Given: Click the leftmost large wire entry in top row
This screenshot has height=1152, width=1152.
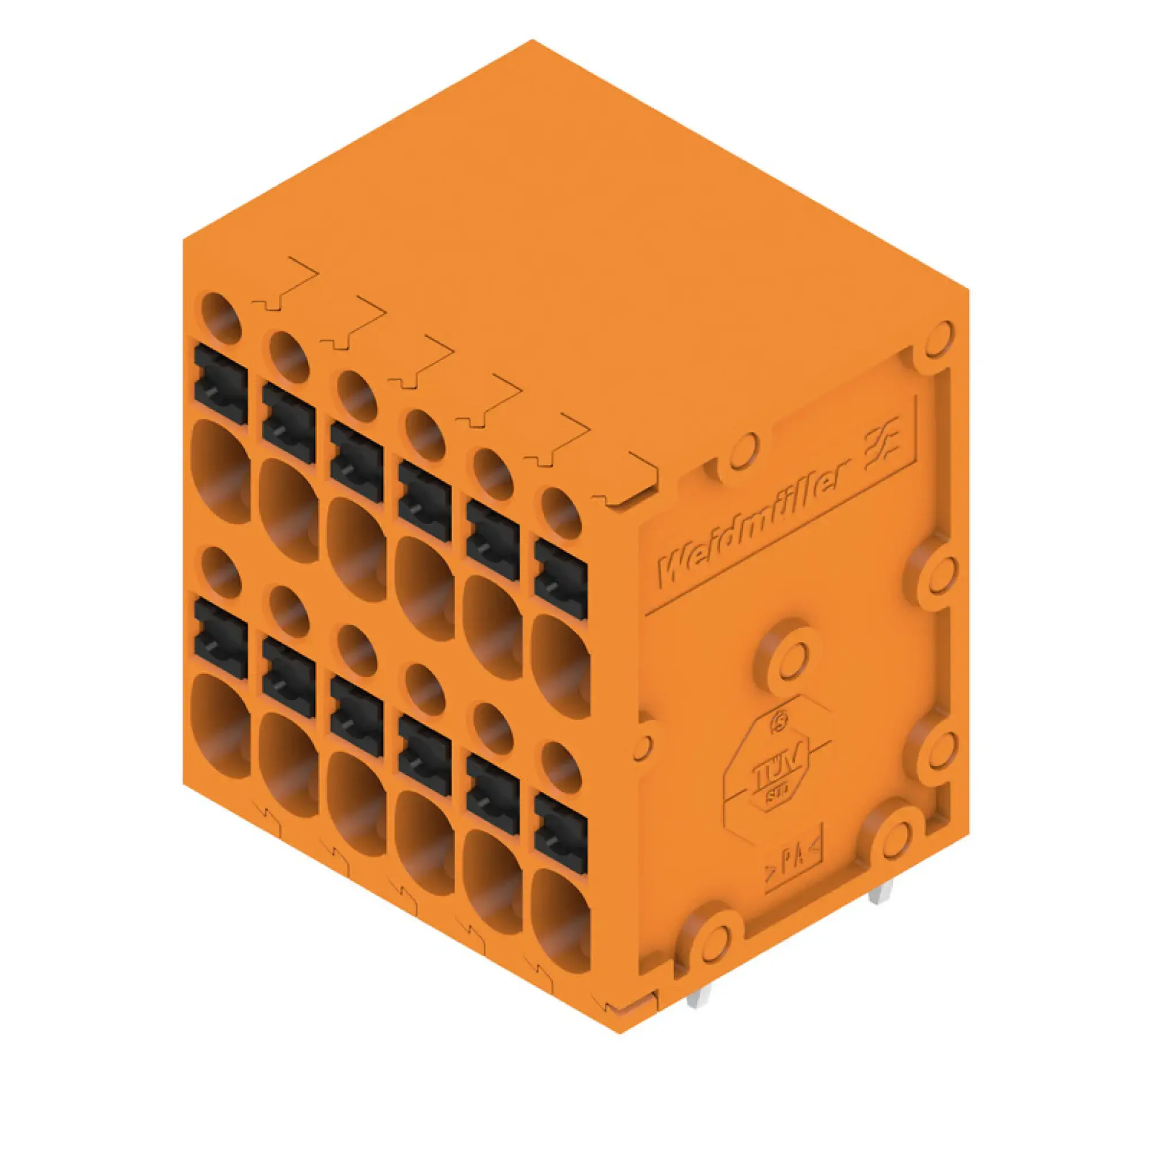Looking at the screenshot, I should pos(219,471).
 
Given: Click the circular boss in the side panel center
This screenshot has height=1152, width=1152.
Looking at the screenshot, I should pos(789,657).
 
